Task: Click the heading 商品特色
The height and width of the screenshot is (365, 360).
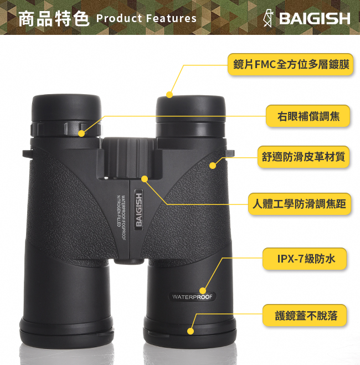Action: pos(54,19)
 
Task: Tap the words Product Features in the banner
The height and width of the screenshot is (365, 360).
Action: pos(146,18)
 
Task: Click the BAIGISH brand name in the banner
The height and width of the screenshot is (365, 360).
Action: pos(315,18)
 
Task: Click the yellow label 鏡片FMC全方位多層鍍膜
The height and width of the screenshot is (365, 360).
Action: pos(290,64)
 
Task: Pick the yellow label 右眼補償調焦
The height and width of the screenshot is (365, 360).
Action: pos(308,116)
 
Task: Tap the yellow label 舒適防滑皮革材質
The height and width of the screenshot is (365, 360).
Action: pos(304,157)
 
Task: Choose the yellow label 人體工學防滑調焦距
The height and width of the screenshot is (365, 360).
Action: pos(300,204)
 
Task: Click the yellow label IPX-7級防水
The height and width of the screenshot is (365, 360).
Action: pos(305,259)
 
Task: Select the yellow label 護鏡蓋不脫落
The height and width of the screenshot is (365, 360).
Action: pos(305,315)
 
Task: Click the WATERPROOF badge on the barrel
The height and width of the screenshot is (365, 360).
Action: pos(192,297)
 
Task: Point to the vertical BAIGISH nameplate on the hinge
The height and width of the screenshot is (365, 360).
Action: pos(138,209)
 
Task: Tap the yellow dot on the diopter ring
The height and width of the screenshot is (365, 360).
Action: pos(81,133)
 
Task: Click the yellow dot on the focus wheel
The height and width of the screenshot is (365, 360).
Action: pos(145,179)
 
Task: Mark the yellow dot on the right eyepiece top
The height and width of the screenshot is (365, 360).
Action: pos(169,95)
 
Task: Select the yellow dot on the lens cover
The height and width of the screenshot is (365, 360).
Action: pos(191,331)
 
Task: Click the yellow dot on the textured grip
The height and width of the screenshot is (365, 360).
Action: pos(213,166)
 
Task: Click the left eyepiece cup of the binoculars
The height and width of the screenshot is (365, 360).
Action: pos(66,107)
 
